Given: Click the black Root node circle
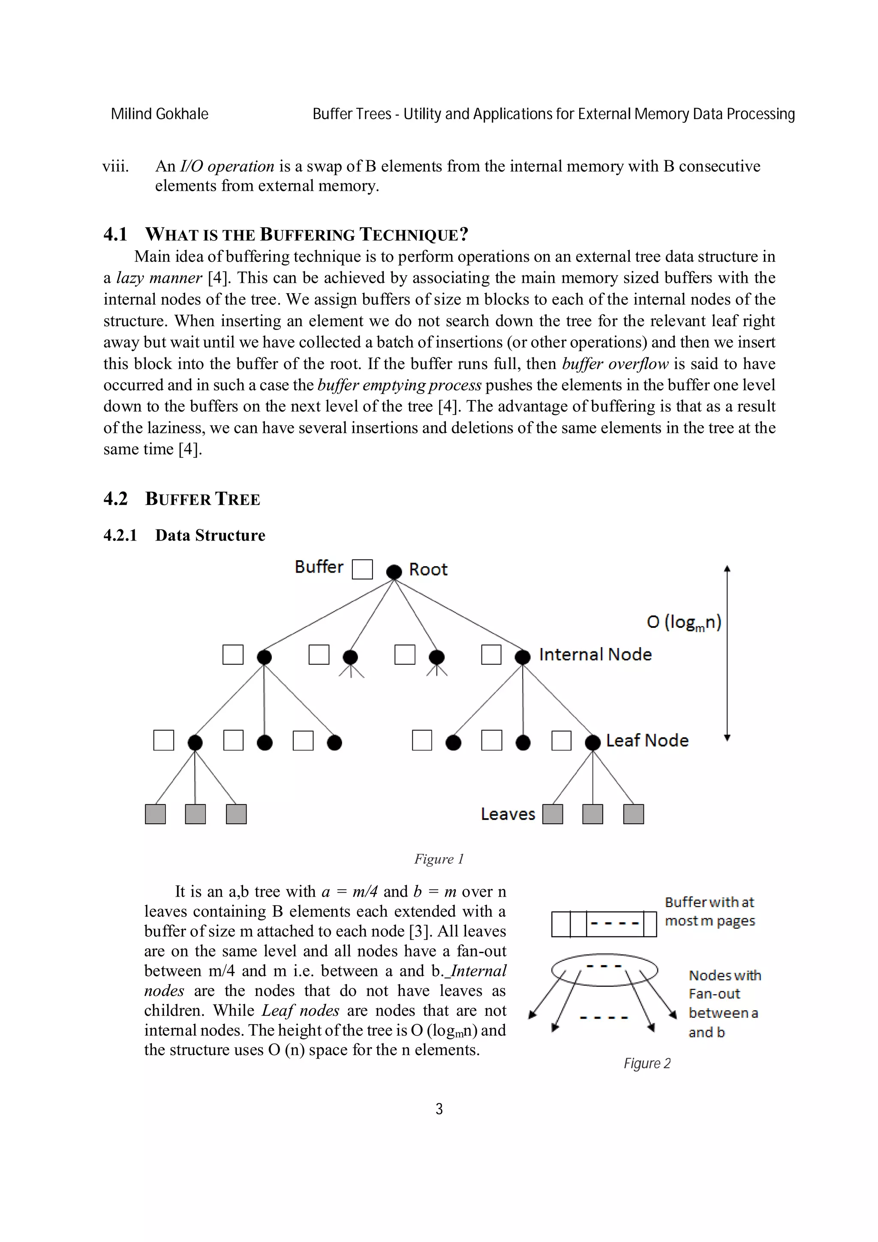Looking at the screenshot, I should pos(394,571).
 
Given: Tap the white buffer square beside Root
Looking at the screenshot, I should pos(362,569).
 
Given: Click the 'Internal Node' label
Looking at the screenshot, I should pos(595,654).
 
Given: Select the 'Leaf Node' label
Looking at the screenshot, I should pos(647,741).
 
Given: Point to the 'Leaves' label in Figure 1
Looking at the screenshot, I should pos(508,814).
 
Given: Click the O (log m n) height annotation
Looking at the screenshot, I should pos(684,622).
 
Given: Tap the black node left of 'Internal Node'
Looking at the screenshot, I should pos(522,657).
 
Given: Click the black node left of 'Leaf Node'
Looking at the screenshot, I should pos(592,743).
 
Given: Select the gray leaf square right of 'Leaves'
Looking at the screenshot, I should pos(552,814).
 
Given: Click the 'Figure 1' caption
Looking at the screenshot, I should pos(439,859).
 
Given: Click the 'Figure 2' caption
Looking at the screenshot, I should pos(646,1063).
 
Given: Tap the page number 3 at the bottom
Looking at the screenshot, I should pos(439,1110).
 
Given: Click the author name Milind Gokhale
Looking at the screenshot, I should pos(159,114).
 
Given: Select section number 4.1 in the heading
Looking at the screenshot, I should pos(115,234).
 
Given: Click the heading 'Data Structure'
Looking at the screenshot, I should pos(210,535).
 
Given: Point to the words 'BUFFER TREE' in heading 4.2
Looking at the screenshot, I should pos(202,499).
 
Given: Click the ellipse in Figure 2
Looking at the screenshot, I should pos(604,969).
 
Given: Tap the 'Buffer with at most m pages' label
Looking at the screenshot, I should pos(709,912).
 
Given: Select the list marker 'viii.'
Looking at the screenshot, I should pos(116,166).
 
